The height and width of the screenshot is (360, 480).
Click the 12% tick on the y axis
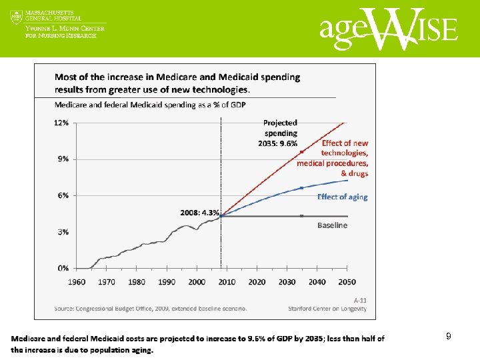click(x=61, y=123)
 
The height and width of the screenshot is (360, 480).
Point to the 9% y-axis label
click(x=63, y=159)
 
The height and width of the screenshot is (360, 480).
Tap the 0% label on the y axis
click(x=63, y=268)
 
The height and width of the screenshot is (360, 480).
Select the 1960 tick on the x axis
click(x=77, y=282)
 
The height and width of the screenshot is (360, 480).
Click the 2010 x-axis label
click(x=227, y=282)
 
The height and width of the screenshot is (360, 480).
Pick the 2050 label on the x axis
click(x=347, y=282)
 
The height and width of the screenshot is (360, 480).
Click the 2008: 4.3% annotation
click(x=199, y=213)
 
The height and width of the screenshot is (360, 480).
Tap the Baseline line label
click(x=332, y=225)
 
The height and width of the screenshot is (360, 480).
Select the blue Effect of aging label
click(x=342, y=197)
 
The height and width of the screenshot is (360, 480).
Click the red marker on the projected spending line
click(x=301, y=152)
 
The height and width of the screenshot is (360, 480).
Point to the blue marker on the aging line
click(x=301, y=188)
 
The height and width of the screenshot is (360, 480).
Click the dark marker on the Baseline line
click(x=301, y=216)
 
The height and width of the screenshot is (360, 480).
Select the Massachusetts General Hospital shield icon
click(x=16, y=17)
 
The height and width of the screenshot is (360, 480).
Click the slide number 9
click(x=449, y=337)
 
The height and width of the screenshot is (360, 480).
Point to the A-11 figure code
click(x=360, y=300)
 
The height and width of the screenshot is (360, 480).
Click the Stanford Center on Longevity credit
click(x=327, y=309)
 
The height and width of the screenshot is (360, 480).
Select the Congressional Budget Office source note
click(x=151, y=309)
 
